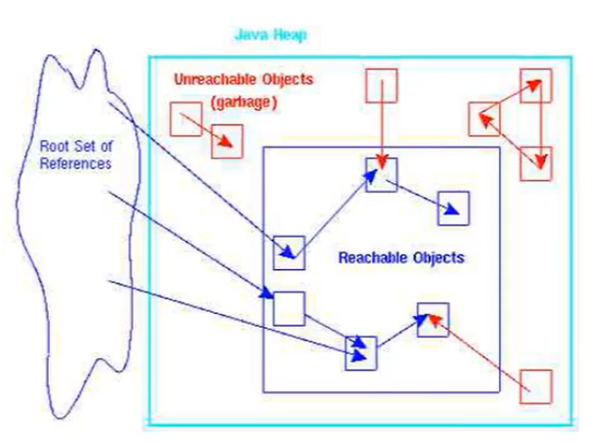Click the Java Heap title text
pos(271,35)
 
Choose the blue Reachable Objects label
pos(401,258)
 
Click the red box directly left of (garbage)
pos(186,119)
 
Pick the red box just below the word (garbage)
pos(227,141)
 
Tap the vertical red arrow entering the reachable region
pos(382,131)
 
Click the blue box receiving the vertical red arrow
pos(382,176)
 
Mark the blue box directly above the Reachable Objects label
pos(453,208)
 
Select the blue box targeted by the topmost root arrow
pos(289,252)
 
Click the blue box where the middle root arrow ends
pos(288,307)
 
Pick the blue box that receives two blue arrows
pos(361,353)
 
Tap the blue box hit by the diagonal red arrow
pos(434,319)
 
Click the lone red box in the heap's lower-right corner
pos(536,385)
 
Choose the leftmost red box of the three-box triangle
pos(484,119)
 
